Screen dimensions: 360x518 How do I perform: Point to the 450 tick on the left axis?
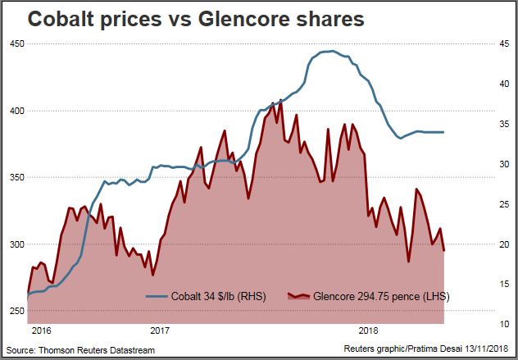click(15, 43)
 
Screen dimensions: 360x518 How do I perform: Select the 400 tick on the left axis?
click(15, 110)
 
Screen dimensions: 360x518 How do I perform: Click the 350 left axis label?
click(15, 177)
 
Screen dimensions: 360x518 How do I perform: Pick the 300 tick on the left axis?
click(15, 244)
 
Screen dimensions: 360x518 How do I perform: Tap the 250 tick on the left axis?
click(15, 311)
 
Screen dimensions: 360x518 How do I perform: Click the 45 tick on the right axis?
click(502, 44)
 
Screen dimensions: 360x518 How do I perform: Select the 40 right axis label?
click(502, 84)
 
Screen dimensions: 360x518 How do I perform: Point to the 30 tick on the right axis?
click(502, 164)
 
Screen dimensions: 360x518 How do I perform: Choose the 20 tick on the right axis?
click(502, 244)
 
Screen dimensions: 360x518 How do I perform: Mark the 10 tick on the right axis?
click(502, 324)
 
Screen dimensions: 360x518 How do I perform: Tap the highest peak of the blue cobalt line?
click(326, 51)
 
